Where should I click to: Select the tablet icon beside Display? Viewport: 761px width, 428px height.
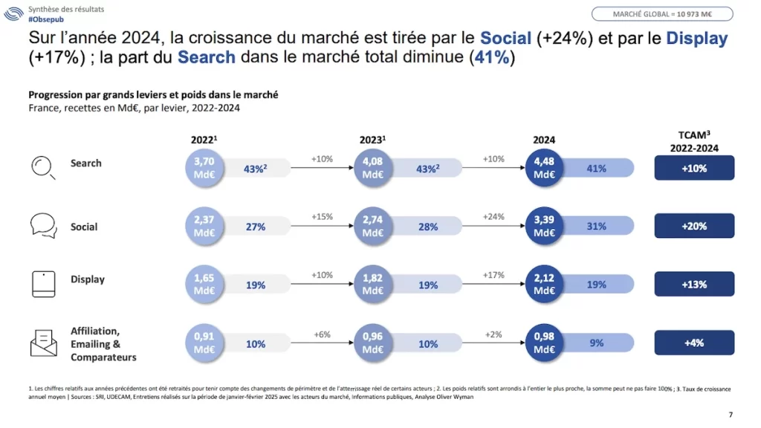click(x=43, y=284)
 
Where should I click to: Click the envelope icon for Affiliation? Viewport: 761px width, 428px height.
click(x=43, y=343)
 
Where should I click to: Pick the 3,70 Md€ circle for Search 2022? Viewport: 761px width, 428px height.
click(x=204, y=168)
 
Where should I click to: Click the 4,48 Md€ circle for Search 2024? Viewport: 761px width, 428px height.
click(x=545, y=168)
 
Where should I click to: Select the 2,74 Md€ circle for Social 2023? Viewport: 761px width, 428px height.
click(x=374, y=226)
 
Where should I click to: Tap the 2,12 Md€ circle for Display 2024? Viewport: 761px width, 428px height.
click(x=545, y=284)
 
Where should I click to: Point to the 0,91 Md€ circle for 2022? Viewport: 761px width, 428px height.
click(x=204, y=343)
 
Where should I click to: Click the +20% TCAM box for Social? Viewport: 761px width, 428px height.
click(x=694, y=226)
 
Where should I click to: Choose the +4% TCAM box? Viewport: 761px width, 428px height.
click(x=694, y=343)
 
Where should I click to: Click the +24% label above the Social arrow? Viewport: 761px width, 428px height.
click(x=493, y=216)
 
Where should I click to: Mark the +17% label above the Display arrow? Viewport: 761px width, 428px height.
click(x=493, y=274)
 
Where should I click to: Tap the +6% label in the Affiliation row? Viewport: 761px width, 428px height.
click(x=322, y=334)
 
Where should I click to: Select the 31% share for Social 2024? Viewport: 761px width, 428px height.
click(x=596, y=227)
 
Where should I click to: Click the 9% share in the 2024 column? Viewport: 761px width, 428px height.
click(x=596, y=343)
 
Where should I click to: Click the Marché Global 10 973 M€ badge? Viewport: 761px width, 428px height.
click(x=662, y=14)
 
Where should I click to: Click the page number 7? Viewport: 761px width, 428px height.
click(x=730, y=415)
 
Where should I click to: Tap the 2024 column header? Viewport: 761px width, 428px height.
click(x=544, y=140)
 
